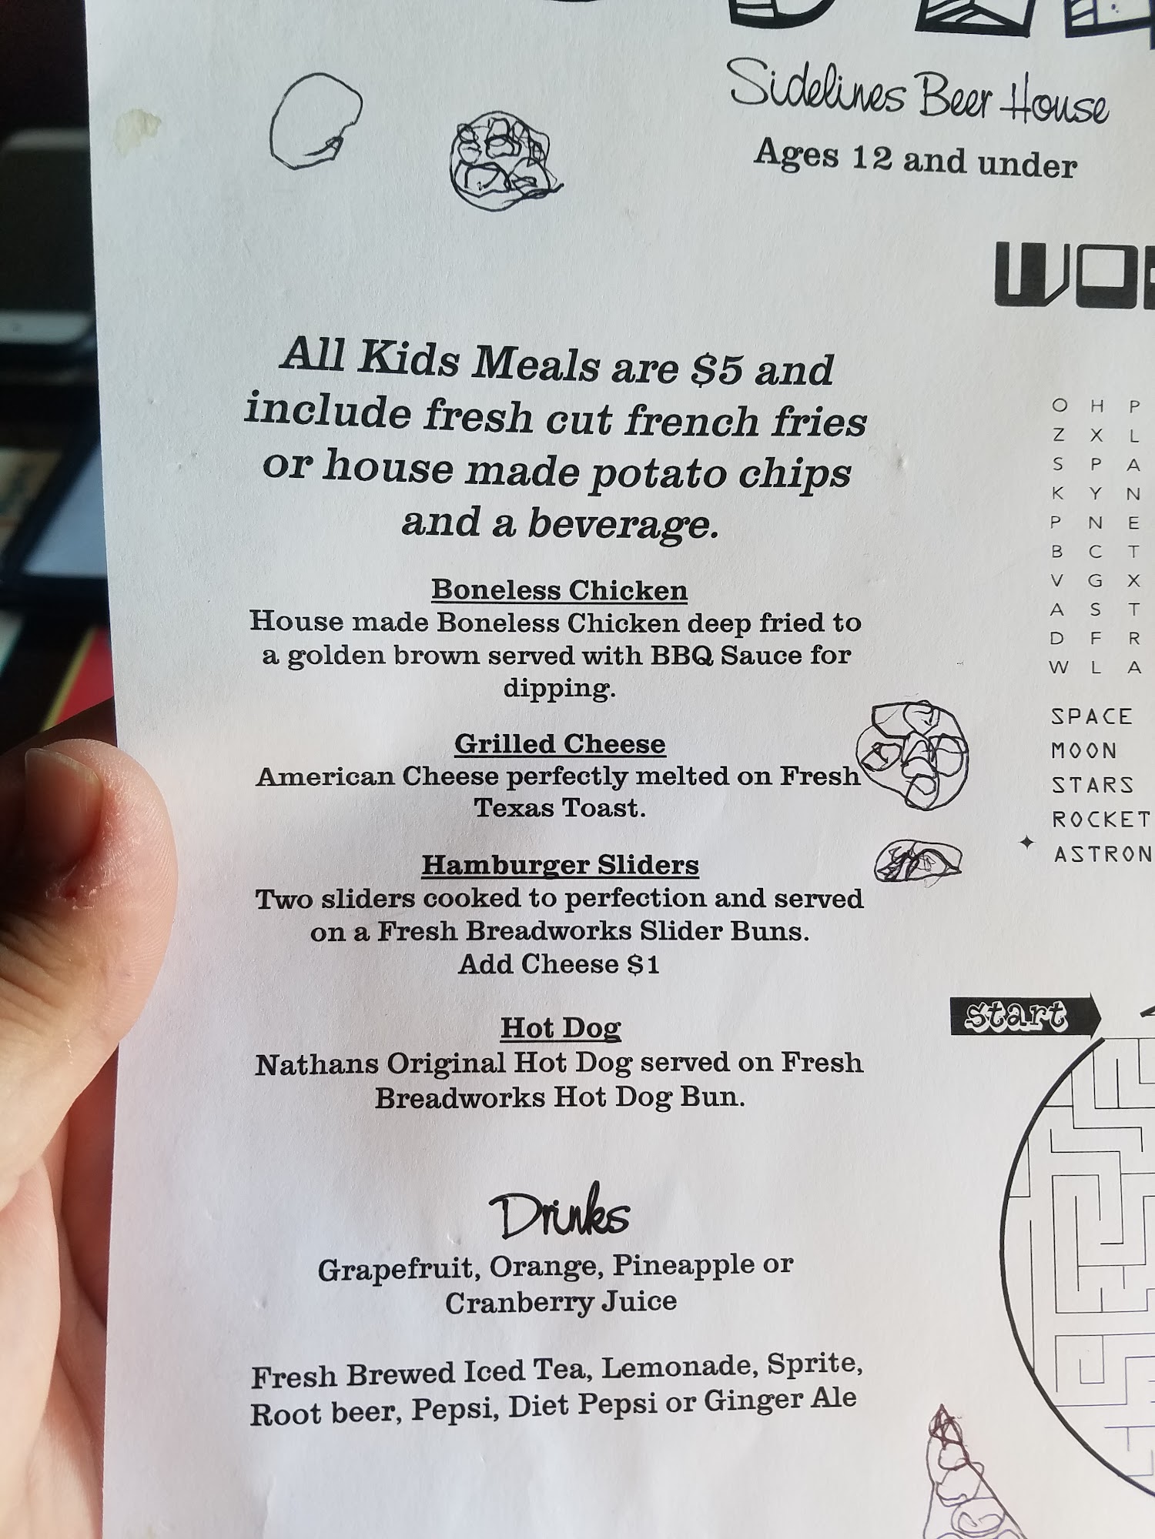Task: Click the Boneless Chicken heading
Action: (x=559, y=590)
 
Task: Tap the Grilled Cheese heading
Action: (x=560, y=743)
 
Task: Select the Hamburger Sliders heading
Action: (x=560, y=865)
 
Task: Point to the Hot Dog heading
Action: (x=561, y=1028)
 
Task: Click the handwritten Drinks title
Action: (x=560, y=1214)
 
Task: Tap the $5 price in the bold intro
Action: (x=716, y=368)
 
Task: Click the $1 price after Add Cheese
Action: (x=644, y=964)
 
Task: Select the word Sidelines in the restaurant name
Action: (x=818, y=86)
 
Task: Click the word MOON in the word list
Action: (x=1084, y=750)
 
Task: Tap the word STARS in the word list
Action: (x=1093, y=785)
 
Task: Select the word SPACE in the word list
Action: (x=1092, y=716)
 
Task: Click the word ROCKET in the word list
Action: (x=1101, y=820)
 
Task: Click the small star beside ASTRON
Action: (x=1026, y=843)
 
